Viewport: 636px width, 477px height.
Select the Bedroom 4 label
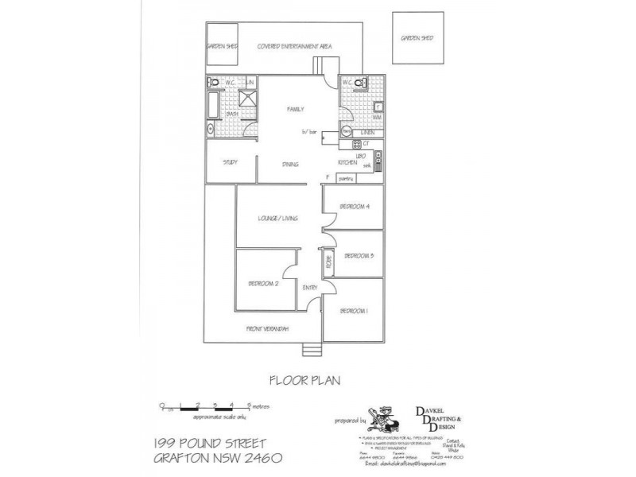354,206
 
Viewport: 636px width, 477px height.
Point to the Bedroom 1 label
354,311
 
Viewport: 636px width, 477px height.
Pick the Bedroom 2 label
262,283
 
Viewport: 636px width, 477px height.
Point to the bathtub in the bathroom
215,105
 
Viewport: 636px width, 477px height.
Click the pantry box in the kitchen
345,179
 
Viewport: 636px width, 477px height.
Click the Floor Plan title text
304,380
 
